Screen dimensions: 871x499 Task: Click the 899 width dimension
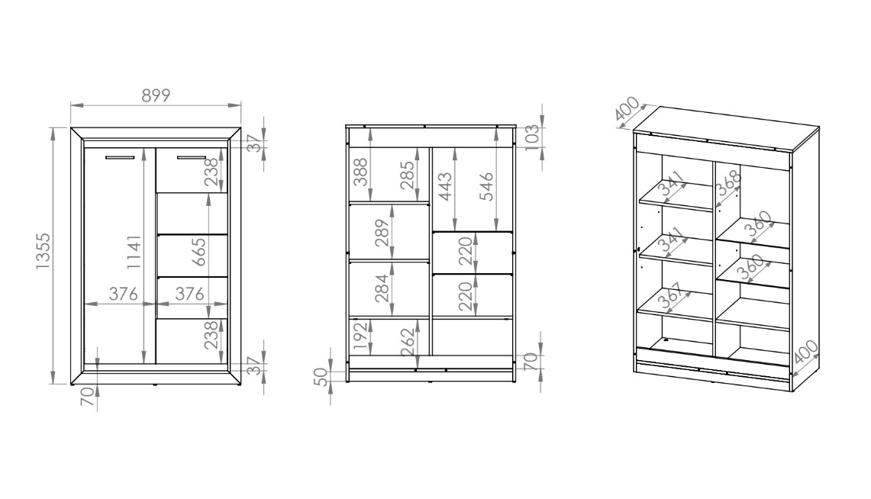pos(156,95)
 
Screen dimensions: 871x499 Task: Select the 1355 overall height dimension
pos(43,252)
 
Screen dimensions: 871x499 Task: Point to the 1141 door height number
pos(134,252)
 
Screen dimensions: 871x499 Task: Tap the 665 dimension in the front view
pos(199,252)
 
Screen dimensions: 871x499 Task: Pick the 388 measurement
pos(360,172)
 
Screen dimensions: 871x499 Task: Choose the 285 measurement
pos(407,175)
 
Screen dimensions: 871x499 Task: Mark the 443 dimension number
pos(446,187)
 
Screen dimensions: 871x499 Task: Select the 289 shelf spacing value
pos(382,233)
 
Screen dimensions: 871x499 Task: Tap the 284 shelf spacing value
pos(382,288)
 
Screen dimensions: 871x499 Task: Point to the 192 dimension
pos(362,336)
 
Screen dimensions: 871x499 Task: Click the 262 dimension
pos(408,342)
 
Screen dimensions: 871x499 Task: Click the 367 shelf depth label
pos(670,298)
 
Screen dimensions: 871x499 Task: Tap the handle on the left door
pos(119,158)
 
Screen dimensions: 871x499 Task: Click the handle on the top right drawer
pos(192,158)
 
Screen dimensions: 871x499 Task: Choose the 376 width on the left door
pos(124,294)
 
